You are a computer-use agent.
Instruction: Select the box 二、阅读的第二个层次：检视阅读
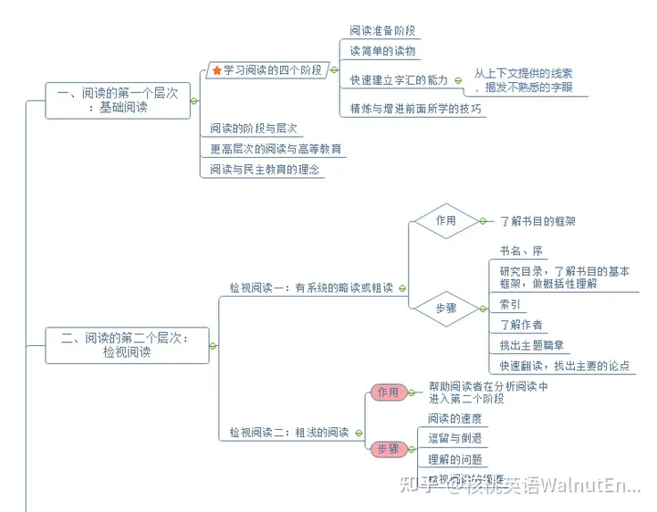(x=127, y=345)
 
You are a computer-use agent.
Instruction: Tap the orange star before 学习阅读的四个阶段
(x=216, y=69)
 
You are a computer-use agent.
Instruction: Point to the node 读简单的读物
(x=382, y=51)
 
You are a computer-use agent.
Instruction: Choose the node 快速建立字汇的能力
(x=399, y=80)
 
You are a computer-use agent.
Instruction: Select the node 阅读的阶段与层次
(x=255, y=129)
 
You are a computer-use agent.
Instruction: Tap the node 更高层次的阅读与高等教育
(x=276, y=149)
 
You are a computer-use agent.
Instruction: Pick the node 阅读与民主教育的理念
(x=265, y=169)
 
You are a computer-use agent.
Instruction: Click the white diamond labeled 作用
(x=445, y=221)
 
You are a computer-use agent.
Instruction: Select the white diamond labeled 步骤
(x=445, y=309)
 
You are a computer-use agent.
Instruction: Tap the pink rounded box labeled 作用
(x=388, y=392)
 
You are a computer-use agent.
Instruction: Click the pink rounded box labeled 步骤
(x=388, y=448)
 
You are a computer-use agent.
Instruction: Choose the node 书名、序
(x=521, y=250)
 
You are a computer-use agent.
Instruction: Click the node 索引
(x=510, y=305)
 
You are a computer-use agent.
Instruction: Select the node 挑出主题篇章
(x=532, y=345)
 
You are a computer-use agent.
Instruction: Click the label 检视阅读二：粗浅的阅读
(x=288, y=433)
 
